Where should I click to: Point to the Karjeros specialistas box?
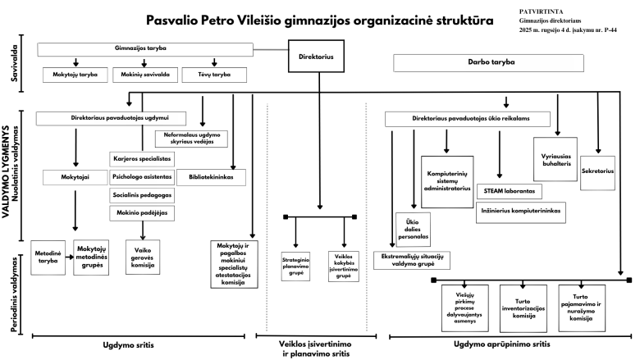(x=141, y=158)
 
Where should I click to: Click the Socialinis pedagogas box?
(x=141, y=196)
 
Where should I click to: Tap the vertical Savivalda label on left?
(x=15, y=65)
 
